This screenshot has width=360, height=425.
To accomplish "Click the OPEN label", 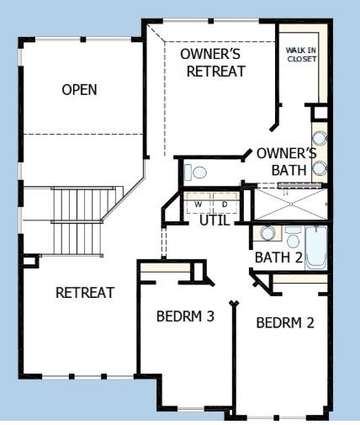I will coord(79,90).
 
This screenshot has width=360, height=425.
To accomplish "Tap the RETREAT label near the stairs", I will coord(84,293).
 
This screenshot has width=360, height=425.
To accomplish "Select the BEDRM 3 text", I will coord(186,317).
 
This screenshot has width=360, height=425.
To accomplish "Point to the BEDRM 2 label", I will coord(285,322).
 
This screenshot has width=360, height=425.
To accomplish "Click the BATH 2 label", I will coord(278,258).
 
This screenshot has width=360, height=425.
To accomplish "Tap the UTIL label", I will coord(215,221).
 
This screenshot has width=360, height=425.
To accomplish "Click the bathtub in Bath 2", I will coord(316,247).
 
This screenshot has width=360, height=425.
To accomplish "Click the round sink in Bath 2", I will coord(266,234).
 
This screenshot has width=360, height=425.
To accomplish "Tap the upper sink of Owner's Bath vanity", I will coord(320,140).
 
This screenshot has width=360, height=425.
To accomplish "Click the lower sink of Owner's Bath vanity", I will coord(320,167).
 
